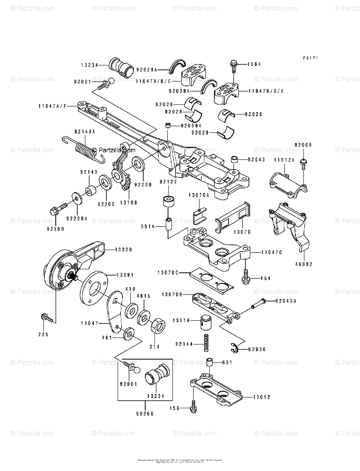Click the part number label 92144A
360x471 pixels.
click(x=84, y=131)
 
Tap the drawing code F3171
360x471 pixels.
click(x=310, y=58)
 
